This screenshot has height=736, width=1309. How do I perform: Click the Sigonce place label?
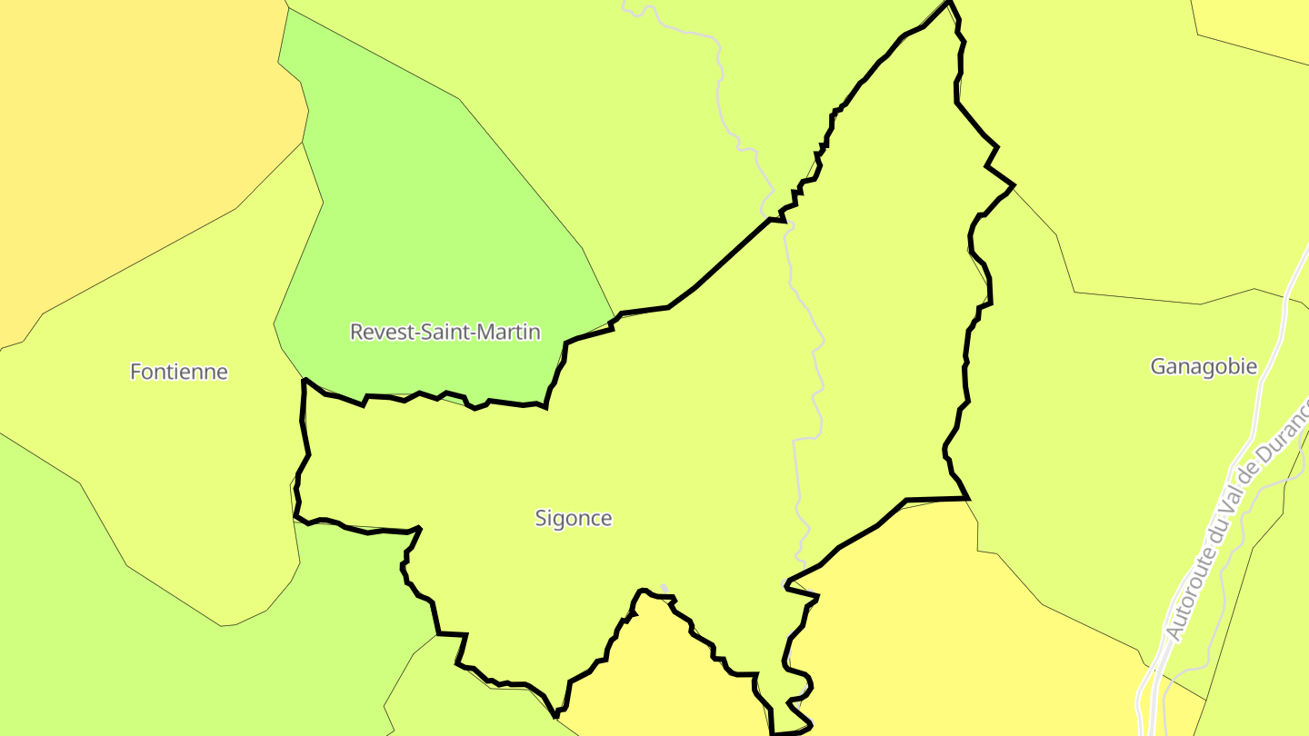pos(573,519)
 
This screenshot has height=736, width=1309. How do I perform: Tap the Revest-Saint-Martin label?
pos(445,332)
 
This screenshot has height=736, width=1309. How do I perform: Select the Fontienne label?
pos(179,372)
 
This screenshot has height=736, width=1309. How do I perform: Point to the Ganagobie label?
pos(1204,366)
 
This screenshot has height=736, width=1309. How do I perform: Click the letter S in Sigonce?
pos(541,519)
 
